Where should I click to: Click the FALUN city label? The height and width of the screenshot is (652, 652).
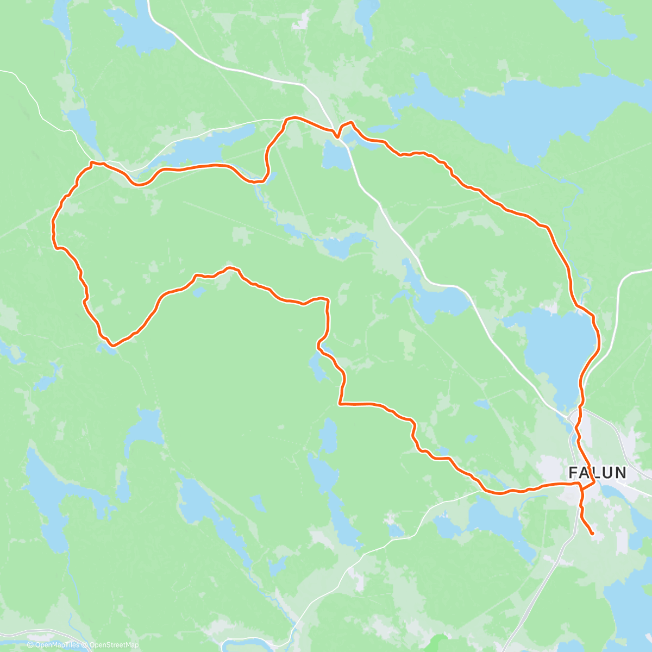pos(597,472)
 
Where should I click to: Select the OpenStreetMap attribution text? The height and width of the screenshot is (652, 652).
pos(114,645)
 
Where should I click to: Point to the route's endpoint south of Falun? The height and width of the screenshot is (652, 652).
pos(592,534)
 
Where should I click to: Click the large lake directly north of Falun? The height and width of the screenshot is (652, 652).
pos(554,348)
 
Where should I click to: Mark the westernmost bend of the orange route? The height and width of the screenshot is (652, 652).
pos(53,228)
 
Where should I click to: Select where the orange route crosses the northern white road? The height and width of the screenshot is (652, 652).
pos(337,136)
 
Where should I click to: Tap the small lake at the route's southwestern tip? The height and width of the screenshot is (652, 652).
pos(106,348)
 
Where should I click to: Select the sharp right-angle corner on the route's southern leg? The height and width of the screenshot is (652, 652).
pos(340,404)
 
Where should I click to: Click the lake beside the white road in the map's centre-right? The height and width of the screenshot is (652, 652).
pos(440,299)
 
